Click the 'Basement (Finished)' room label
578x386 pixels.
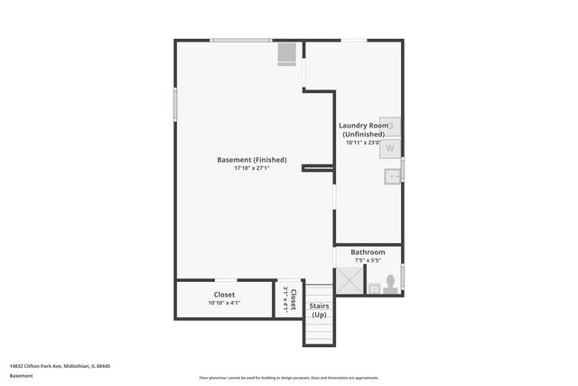pyautogui.click(x=252, y=160)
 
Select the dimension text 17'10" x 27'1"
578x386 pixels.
pyautogui.click(x=252, y=168)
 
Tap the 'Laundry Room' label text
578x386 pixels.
pyautogui.click(x=363, y=126)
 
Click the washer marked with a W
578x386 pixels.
pyautogui.click(x=390, y=147)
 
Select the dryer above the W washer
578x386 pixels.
pyautogui.click(x=390, y=127)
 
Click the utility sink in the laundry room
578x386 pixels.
pyautogui.click(x=391, y=176)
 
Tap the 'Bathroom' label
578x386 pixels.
pyautogui.click(x=368, y=252)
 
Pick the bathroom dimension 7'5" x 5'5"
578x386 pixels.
pyautogui.click(x=368, y=260)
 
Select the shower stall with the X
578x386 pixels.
pyautogui.click(x=350, y=282)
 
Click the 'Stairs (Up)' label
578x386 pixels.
pyautogui.click(x=319, y=310)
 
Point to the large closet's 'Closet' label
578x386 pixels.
pyautogui.click(x=225, y=295)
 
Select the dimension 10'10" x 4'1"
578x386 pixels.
pyautogui.click(x=225, y=303)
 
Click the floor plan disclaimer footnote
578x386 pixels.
pyautogui.click(x=289, y=378)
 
